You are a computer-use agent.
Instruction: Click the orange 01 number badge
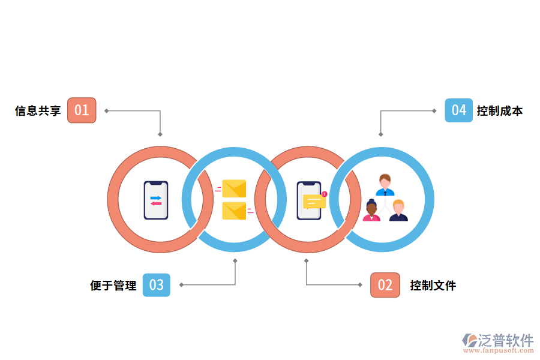click(x=82, y=110)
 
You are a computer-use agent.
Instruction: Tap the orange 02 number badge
click(x=385, y=285)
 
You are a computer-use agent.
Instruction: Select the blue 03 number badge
click(x=156, y=285)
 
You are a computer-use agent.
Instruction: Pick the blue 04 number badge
click(x=458, y=110)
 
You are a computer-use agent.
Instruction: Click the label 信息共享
click(x=38, y=111)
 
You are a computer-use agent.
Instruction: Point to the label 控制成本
click(x=500, y=111)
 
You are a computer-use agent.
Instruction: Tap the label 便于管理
click(x=113, y=286)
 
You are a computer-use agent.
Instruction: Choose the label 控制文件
click(x=433, y=286)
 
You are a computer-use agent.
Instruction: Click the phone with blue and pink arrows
click(x=156, y=200)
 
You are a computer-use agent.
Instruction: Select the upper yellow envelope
click(x=234, y=188)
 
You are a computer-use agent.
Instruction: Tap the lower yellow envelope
click(x=234, y=211)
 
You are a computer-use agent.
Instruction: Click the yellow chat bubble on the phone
click(x=314, y=201)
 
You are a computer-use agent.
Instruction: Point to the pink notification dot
click(x=324, y=194)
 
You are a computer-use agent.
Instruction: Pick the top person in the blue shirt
click(x=385, y=185)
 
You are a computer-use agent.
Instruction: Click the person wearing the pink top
click(x=371, y=211)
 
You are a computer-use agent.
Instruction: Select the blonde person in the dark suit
click(x=398, y=211)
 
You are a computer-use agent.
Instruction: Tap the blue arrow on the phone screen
click(x=156, y=197)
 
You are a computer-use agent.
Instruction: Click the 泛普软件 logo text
click(x=506, y=340)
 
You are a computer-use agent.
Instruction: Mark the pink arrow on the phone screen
click(x=156, y=203)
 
